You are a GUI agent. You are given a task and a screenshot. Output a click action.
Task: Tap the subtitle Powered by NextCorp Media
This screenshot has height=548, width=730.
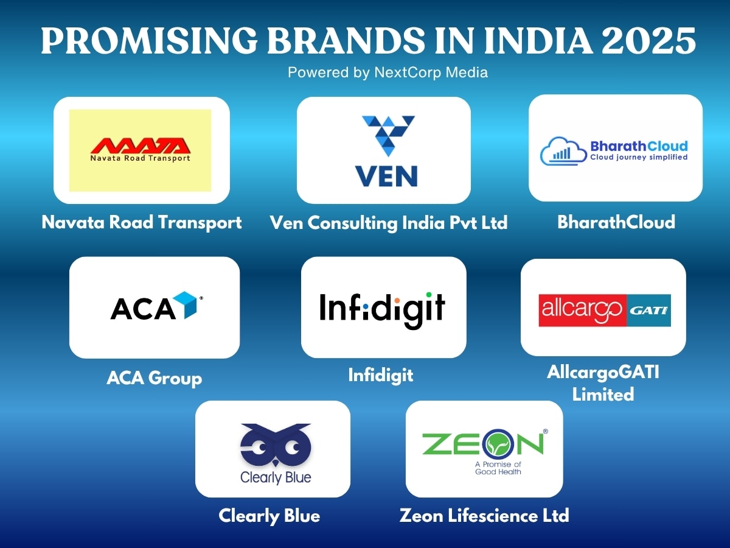click(388, 72)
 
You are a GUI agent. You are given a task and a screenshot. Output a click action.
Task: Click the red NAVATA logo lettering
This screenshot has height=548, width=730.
click(141, 146)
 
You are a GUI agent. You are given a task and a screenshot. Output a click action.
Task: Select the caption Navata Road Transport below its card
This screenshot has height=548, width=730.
click(142, 222)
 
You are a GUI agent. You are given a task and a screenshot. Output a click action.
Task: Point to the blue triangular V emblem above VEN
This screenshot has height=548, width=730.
click(388, 136)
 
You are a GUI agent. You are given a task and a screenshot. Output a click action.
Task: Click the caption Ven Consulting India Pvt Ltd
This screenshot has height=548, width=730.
click(389, 223)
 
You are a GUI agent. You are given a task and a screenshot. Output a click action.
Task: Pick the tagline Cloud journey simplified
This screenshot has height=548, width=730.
click(639, 157)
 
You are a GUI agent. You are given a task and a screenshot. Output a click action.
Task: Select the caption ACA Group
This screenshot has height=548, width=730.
click(154, 378)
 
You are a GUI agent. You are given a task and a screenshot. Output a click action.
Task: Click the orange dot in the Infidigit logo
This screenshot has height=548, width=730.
click(397, 301)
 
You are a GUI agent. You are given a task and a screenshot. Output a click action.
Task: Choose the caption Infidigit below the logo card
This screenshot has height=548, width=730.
click(381, 374)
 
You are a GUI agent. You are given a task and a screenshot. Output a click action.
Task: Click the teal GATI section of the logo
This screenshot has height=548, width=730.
click(648, 310)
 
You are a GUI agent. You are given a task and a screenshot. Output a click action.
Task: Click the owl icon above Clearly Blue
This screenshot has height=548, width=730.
click(276, 444)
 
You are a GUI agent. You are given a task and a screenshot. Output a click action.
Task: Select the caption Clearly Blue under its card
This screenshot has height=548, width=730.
click(269, 516)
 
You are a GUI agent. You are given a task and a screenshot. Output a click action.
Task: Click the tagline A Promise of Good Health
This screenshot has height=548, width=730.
click(498, 468)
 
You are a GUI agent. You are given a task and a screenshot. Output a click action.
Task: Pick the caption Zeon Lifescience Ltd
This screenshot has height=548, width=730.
click(484, 516)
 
